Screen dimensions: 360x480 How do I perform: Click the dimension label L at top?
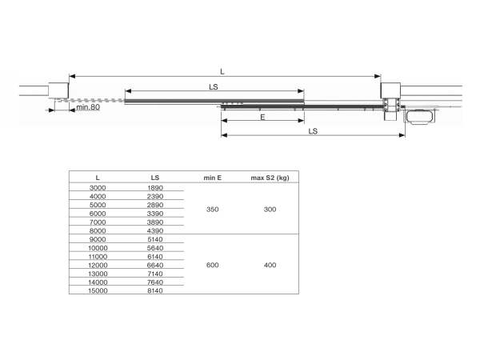pos(222,71)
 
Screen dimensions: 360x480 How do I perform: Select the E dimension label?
pos(262,116)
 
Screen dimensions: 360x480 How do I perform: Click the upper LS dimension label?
pos(213,86)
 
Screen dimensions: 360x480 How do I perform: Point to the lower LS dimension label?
pos(313,130)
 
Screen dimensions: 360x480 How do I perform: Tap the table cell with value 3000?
pos(97,187)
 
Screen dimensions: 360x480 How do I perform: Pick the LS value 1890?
pos(155,187)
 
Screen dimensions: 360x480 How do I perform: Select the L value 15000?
pos(97,290)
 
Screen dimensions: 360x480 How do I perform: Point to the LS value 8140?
pos(155,290)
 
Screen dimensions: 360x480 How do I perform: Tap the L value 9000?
pos(97,238)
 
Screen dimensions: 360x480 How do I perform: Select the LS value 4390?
pos(155,230)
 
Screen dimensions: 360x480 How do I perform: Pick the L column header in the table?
pos(97,177)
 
